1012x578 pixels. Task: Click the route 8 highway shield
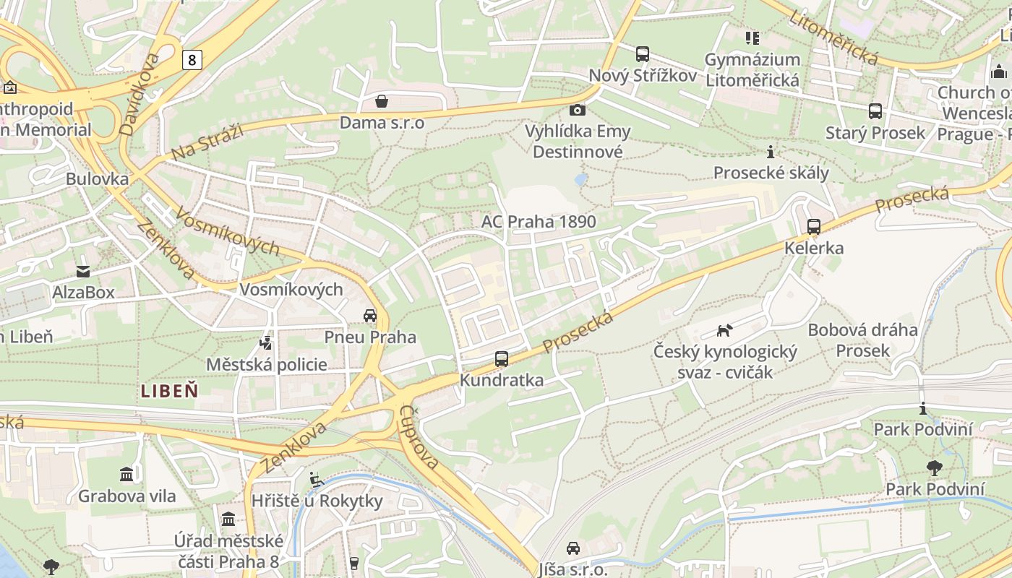coord(192,59)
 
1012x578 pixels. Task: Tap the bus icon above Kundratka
coord(501,358)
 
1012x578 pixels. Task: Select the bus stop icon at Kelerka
coord(814,227)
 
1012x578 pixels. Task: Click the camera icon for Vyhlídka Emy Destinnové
coord(577,110)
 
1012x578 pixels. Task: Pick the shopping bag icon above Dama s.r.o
coord(381,101)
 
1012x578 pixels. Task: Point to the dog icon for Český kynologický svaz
coord(724,330)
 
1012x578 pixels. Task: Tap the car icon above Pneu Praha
coord(370,316)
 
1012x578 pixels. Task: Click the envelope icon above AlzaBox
coord(83,272)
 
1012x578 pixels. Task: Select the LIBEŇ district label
coord(169,392)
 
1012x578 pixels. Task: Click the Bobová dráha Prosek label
coord(862,340)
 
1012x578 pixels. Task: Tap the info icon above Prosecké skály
coord(771,152)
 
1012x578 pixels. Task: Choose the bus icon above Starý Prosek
coord(875,111)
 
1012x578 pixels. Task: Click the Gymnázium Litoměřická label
coord(752,69)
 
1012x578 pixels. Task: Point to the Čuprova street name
coord(419,436)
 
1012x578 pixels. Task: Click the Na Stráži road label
coord(207,142)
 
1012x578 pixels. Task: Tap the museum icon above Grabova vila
coord(126,475)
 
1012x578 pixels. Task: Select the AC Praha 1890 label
coord(539,221)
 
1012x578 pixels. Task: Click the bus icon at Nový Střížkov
coord(642,54)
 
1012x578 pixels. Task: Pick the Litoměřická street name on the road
coord(833,37)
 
